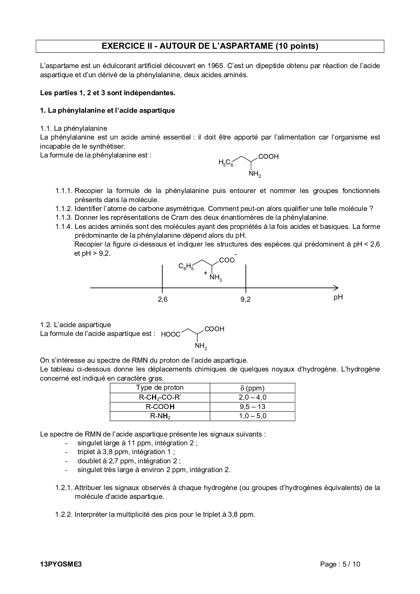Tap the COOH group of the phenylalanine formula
[x=268, y=156]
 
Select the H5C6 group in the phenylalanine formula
[x=226, y=163]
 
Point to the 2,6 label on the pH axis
[x=163, y=299]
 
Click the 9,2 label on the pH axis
[x=246, y=299]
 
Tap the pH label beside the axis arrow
[x=338, y=297]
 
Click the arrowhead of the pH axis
[x=336, y=288]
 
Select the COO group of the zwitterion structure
[x=227, y=260]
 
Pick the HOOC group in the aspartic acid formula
[x=171, y=335]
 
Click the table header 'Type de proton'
[x=160, y=388]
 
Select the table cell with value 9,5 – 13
[x=252, y=407]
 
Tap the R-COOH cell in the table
[x=160, y=407]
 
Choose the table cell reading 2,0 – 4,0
[x=252, y=397]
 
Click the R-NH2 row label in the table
[x=160, y=416]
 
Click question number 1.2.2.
[x=64, y=514]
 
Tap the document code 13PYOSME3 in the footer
[x=61, y=564]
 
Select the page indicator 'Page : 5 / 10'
[x=340, y=564]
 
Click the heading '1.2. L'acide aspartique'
[x=75, y=325]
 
